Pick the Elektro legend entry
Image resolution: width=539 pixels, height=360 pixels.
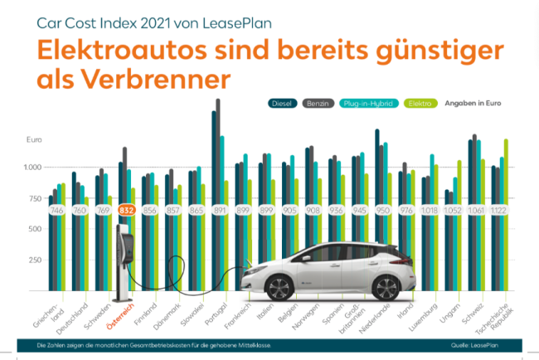[x=420, y=103]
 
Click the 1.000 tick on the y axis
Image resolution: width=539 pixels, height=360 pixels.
[x=32, y=168]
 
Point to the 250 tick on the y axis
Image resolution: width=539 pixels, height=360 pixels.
[x=34, y=260]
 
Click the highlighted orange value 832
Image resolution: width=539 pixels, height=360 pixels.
[x=126, y=211]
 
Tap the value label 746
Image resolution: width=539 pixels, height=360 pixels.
[x=56, y=211]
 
